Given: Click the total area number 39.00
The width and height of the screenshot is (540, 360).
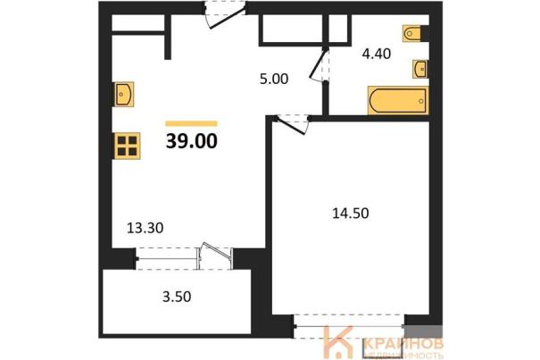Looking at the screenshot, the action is [192, 141].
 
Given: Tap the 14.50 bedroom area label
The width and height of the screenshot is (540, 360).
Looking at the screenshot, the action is [350, 213].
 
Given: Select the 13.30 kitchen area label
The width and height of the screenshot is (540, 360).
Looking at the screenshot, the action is [145, 228].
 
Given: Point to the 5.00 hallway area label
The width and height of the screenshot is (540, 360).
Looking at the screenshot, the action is [274, 79].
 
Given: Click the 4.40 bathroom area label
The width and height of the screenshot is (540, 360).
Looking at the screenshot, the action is [377, 54].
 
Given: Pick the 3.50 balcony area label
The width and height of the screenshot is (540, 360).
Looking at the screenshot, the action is [177, 297].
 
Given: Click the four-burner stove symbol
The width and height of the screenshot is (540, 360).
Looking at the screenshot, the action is [127, 146].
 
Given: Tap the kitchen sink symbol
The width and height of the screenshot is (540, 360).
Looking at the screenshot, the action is [123, 94].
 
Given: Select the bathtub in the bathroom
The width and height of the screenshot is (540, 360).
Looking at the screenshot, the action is [398, 100].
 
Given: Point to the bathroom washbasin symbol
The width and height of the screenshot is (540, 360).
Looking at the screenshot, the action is [420, 70].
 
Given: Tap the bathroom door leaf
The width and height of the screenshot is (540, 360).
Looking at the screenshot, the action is [318, 64].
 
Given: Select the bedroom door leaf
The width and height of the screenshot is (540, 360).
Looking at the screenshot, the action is [290, 126].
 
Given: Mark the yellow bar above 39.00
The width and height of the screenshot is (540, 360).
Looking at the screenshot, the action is [192, 123].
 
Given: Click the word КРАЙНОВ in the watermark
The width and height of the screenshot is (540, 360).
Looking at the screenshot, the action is [403, 344].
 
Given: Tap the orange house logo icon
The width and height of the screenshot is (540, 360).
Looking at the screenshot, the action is [338, 342].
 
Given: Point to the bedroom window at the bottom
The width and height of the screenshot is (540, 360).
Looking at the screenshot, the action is [350, 326].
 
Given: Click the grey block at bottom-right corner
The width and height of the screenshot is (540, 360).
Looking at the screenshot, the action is [423, 331].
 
